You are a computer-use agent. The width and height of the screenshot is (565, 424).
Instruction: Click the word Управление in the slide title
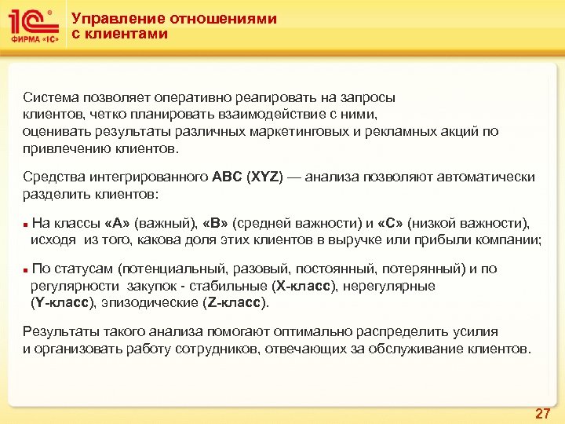tap(110, 19)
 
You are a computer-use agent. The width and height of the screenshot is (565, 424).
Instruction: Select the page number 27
tap(542, 413)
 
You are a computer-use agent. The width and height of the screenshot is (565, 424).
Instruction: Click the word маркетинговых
tap(301, 131)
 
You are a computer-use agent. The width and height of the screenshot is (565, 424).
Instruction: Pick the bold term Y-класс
tap(62, 302)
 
